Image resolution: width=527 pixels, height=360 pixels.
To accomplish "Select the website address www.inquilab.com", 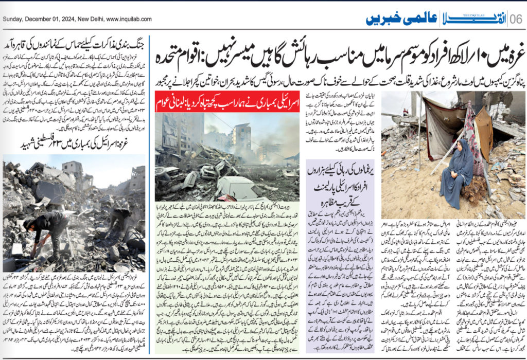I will point(129,19).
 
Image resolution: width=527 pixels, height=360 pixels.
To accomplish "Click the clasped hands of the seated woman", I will point(454,174).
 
